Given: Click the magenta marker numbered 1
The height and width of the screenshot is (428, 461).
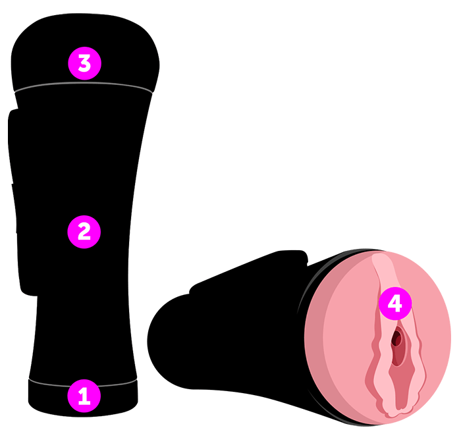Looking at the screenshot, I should click(x=84, y=396).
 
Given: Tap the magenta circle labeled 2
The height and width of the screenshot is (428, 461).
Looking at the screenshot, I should click(x=84, y=231).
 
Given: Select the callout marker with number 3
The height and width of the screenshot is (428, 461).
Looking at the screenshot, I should click(x=84, y=64).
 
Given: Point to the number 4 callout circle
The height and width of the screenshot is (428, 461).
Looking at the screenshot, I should click(x=394, y=304).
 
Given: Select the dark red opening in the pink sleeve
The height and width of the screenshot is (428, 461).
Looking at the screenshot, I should click(x=397, y=339).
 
